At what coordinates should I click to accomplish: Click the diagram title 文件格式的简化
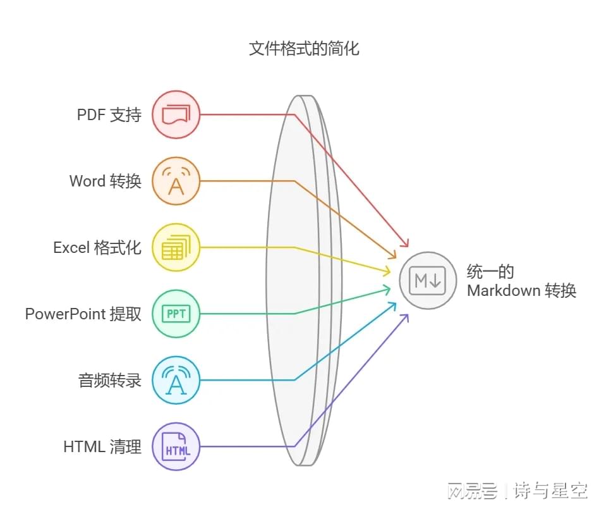click(x=304, y=49)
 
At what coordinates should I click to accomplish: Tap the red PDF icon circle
click(x=176, y=114)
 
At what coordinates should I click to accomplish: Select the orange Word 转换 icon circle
click(x=176, y=181)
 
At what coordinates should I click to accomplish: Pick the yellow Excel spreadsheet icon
click(x=176, y=247)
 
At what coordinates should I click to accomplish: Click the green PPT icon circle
click(x=176, y=314)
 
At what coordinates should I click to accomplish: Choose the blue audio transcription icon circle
click(x=176, y=380)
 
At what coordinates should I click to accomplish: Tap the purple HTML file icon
click(x=176, y=446)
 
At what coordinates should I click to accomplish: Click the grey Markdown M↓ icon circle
click(x=428, y=281)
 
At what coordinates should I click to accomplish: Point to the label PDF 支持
click(x=109, y=115)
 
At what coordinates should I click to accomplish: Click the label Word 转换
click(x=105, y=181)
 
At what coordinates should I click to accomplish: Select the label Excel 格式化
click(x=97, y=247)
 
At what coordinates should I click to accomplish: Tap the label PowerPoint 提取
click(x=83, y=314)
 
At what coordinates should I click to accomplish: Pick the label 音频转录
click(x=109, y=380)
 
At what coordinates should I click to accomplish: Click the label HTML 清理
click(x=102, y=446)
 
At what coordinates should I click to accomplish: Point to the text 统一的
click(x=490, y=272)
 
